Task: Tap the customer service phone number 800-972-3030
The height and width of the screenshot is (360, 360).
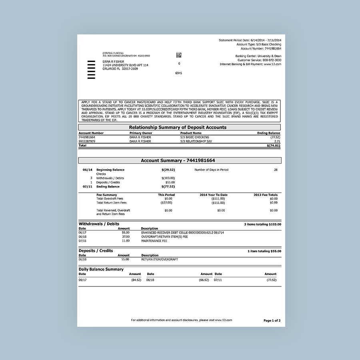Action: pyautogui.click(x=272, y=60)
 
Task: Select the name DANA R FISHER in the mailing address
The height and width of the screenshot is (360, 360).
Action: pyautogui.click(x=113, y=62)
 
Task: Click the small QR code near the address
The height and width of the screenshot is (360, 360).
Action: pyautogui.click(x=179, y=55)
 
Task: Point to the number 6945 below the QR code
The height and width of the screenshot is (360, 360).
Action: pyautogui.click(x=179, y=73)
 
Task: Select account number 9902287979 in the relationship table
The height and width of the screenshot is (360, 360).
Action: pyautogui.click(x=87, y=141)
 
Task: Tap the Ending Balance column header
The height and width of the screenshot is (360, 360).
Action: pyautogui.click(x=268, y=133)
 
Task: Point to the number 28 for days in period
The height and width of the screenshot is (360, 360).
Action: pyautogui.click(x=275, y=170)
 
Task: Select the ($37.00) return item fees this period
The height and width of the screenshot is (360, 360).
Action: pyautogui.click(x=166, y=203)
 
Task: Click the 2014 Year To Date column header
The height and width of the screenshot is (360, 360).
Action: pyautogui.click(x=213, y=195)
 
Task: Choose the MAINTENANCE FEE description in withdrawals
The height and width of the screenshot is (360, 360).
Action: pyautogui.click(x=154, y=241)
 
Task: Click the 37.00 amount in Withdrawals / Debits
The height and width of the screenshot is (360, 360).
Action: pyautogui.click(x=125, y=236)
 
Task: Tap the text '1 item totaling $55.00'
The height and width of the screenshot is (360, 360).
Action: pyautogui.click(x=264, y=251)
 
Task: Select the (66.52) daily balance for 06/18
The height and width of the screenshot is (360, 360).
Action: pyautogui.click(x=204, y=280)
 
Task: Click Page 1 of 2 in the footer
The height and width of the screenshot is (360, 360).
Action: pyautogui.click(x=272, y=320)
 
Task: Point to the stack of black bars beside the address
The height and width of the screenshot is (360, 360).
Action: pyautogui.click(x=91, y=70)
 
